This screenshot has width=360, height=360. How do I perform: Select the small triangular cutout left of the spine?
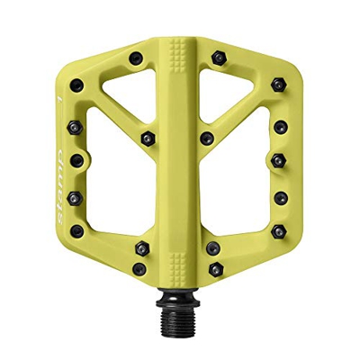pyautogui.click(x=123, y=96)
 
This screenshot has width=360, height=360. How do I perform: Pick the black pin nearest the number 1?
pyautogui.click(x=77, y=85)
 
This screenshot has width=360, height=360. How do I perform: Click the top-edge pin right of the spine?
pyautogui.click(x=217, y=58)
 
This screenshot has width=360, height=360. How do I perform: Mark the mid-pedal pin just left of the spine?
pyautogui.click(x=147, y=138)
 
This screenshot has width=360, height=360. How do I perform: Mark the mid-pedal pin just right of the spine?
pyautogui.click(x=208, y=139)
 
